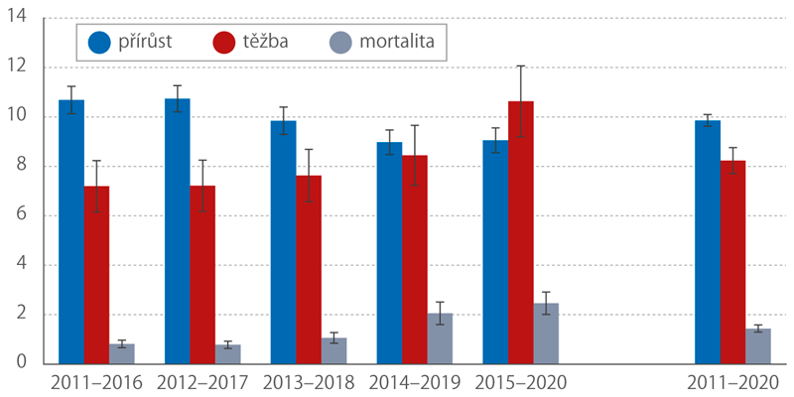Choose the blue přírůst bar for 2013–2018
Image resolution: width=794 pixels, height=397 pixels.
pos(283,242)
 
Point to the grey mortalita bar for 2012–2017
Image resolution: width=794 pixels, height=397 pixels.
pos(228,354)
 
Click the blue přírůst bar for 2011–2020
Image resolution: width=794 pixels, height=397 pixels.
pos(707,242)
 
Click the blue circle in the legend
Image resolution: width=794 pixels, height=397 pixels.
pos(99,43)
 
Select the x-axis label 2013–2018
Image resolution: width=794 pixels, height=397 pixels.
pos(308,382)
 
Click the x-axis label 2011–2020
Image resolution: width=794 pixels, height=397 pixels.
pos(732,382)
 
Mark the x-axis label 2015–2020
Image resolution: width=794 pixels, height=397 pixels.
pos(520,382)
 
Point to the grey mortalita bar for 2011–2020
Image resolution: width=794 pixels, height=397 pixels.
pos(758,346)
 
